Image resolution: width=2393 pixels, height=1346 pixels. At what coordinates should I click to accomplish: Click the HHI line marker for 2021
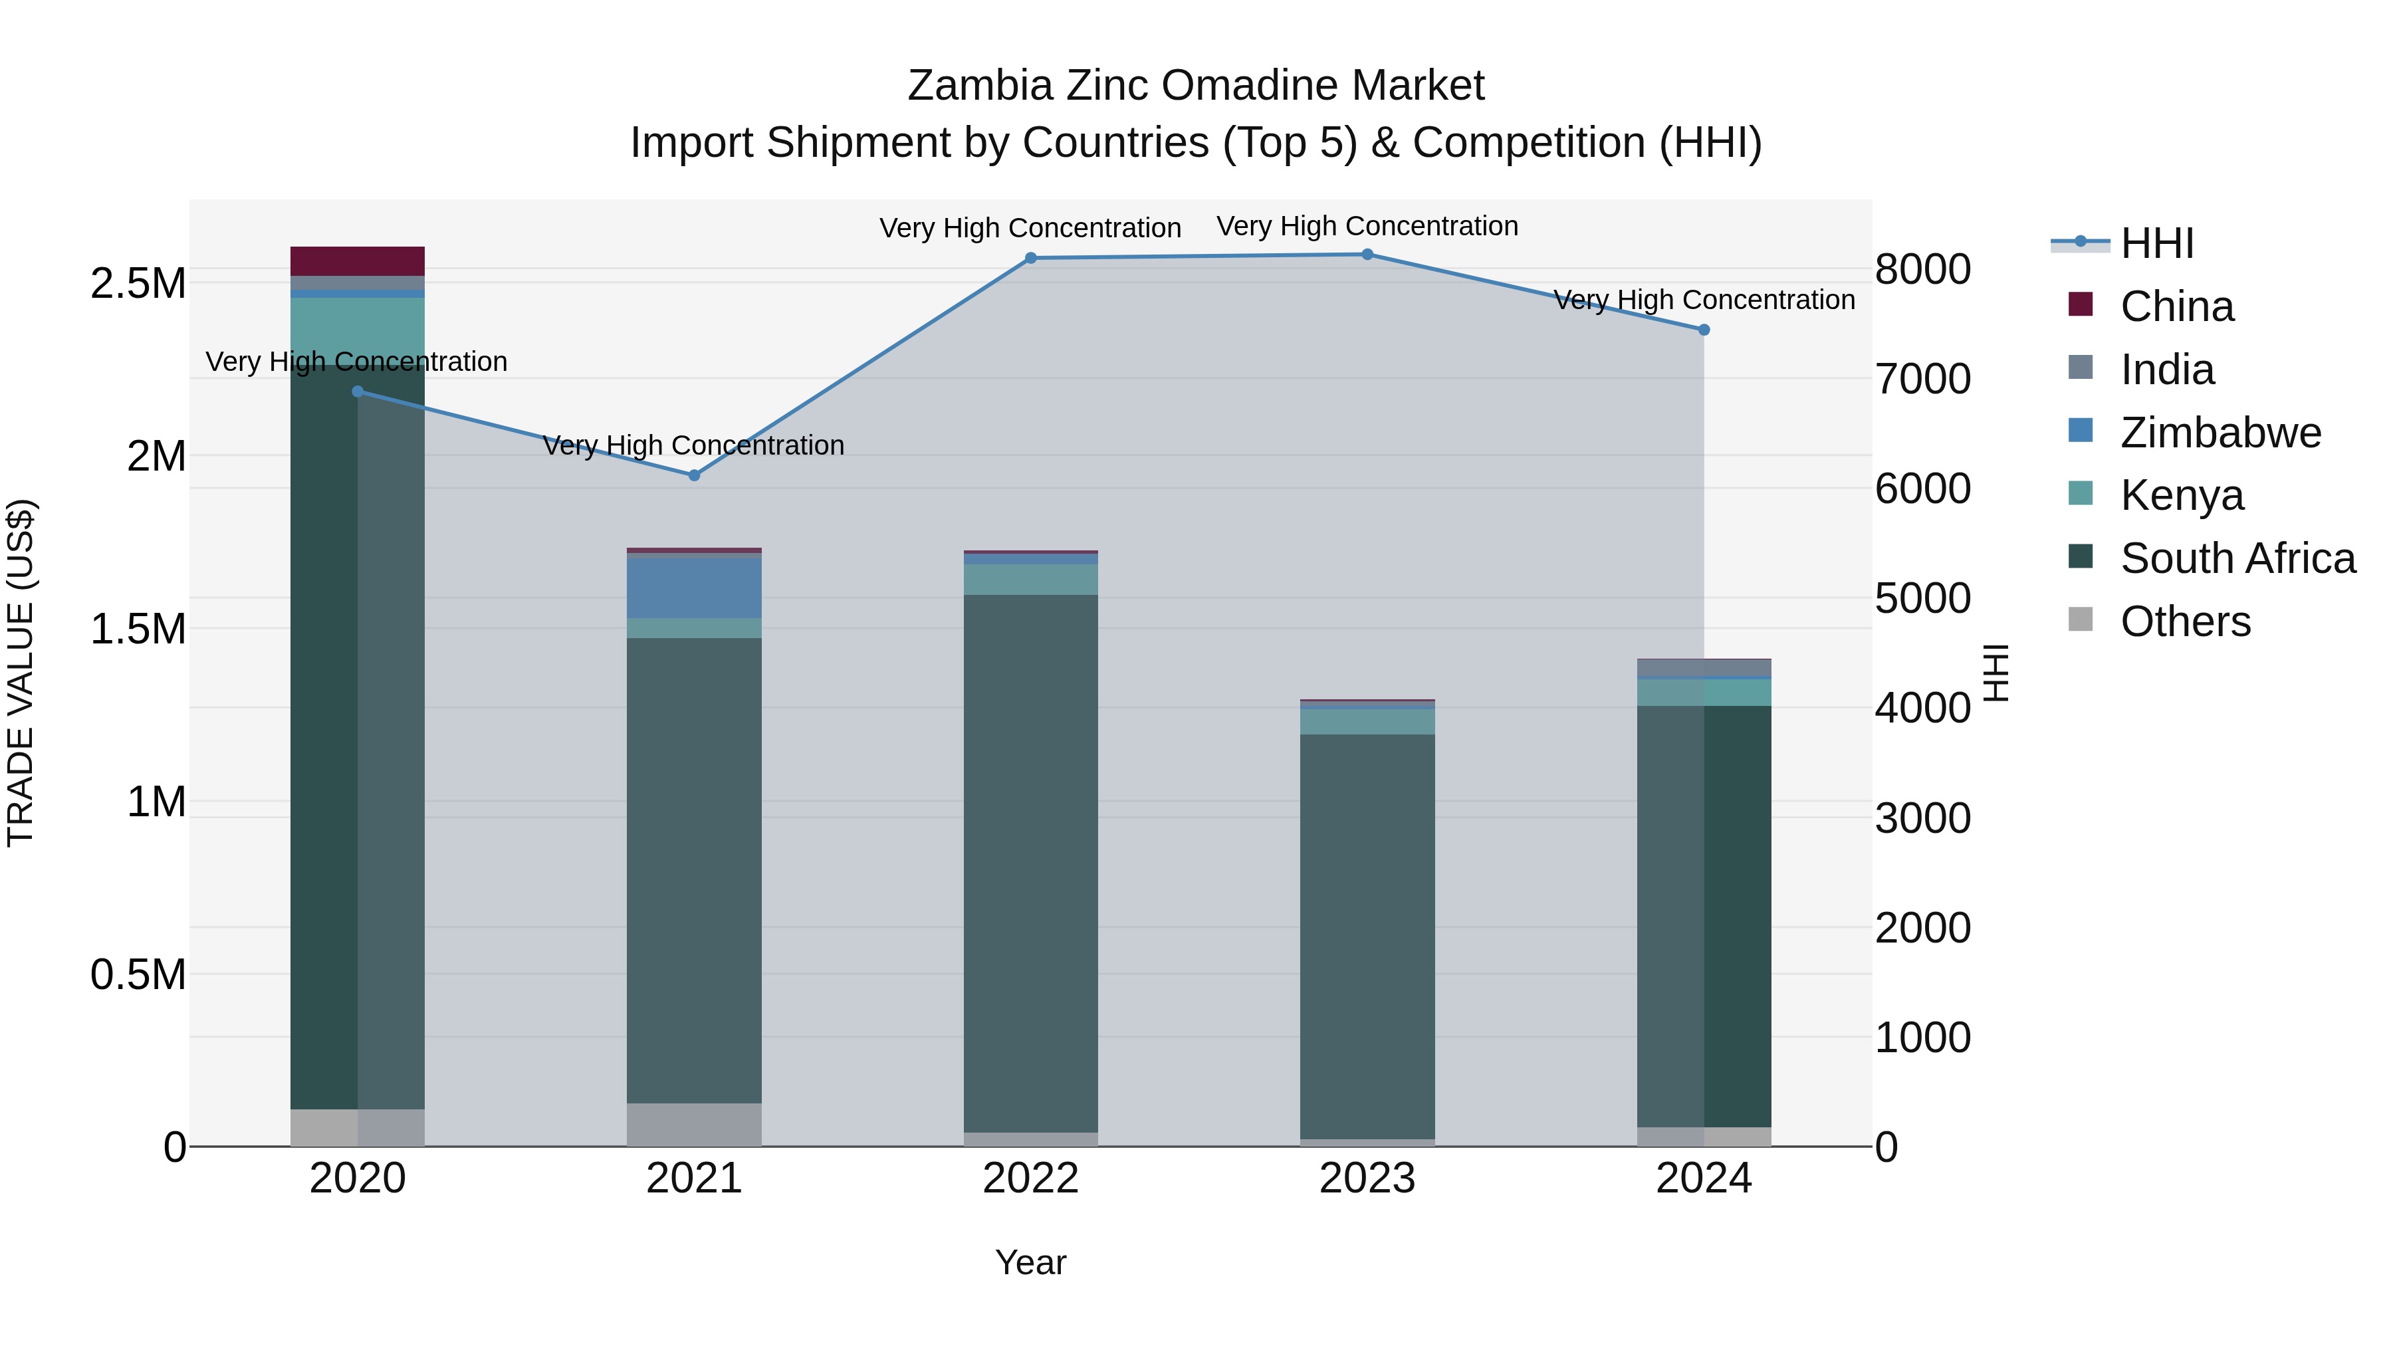(x=694, y=475)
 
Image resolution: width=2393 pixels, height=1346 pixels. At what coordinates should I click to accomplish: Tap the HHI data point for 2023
(x=1367, y=255)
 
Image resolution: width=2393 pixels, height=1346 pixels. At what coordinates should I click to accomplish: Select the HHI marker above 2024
(x=1704, y=330)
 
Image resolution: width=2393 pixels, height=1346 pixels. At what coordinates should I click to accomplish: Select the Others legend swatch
(x=2081, y=619)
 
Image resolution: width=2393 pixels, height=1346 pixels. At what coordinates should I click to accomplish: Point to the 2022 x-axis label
(x=1030, y=1178)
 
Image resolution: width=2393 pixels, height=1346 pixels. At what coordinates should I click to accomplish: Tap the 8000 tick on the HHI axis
(x=1922, y=269)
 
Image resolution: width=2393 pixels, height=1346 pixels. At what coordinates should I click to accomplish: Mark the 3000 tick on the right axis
(x=1922, y=818)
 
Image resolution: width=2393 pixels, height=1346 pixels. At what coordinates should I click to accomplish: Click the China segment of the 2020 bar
(x=358, y=261)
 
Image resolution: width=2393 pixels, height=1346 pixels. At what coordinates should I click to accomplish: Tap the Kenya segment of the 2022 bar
(x=1030, y=580)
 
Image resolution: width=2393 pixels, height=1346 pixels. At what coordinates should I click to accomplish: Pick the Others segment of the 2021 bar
(x=694, y=1124)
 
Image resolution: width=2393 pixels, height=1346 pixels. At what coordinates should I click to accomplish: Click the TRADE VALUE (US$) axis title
(x=21, y=673)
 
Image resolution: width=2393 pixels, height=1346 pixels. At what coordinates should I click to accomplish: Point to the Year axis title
(x=1030, y=1262)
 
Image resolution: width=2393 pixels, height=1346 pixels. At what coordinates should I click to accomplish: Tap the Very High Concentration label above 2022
(x=1030, y=227)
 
